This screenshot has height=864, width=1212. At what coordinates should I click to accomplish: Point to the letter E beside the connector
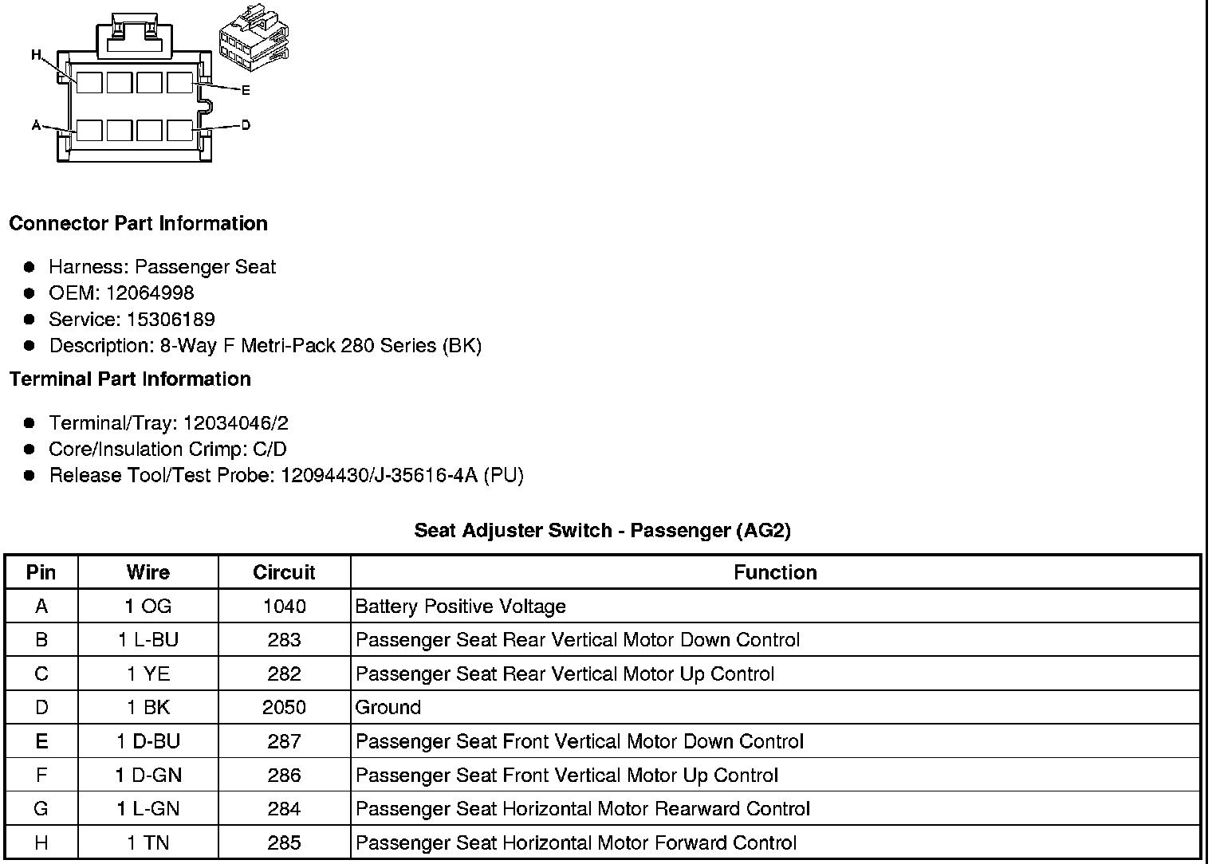(x=246, y=90)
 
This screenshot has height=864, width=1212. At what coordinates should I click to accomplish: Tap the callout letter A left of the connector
(x=36, y=125)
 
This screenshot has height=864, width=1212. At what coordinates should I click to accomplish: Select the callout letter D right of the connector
(x=246, y=125)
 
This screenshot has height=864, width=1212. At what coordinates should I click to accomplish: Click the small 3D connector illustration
(x=254, y=45)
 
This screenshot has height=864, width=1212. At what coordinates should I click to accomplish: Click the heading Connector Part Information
(x=138, y=223)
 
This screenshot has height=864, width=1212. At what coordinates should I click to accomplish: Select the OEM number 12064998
(x=150, y=293)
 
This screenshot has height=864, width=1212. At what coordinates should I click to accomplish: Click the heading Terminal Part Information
(x=130, y=379)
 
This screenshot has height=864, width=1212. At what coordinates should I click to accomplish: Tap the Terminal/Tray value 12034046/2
(x=235, y=422)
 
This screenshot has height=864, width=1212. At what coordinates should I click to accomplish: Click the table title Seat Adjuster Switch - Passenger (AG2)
(x=602, y=530)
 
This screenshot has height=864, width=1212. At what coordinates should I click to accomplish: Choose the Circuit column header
(x=284, y=572)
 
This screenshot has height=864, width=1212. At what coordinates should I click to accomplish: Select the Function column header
(x=775, y=572)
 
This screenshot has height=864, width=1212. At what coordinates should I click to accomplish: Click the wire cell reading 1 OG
(x=148, y=607)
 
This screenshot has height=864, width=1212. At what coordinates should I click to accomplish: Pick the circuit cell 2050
(x=284, y=707)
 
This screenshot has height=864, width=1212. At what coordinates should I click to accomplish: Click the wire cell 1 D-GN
(x=148, y=775)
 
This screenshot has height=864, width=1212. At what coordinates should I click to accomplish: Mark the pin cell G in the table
(x=41, y=809)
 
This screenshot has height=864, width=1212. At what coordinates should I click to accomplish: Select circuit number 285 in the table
(x=284, y=842)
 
